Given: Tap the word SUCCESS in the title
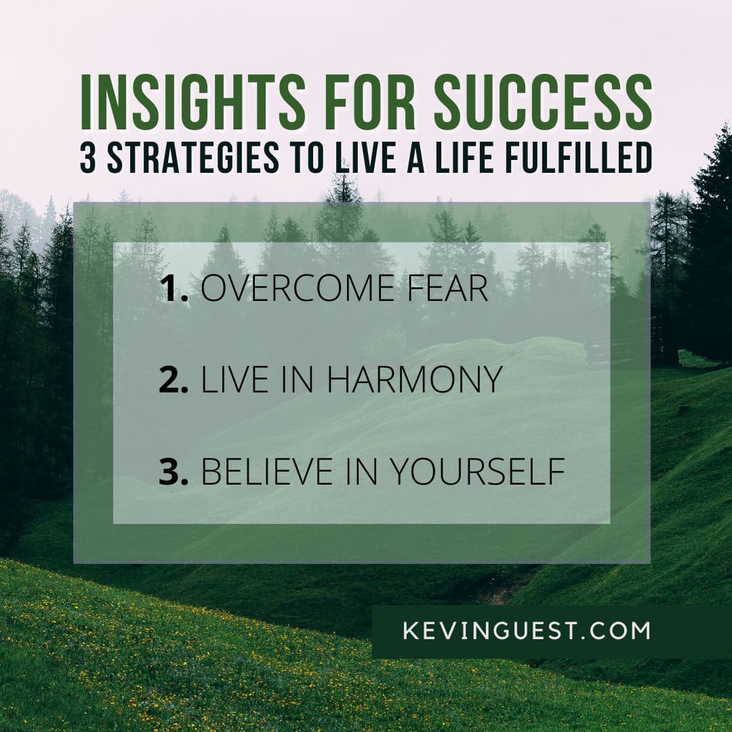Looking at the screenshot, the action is [543, 102].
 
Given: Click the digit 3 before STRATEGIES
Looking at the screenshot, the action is [87, 157].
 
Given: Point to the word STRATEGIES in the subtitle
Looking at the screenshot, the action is [192, 157].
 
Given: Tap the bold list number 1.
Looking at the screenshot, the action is [174, 288].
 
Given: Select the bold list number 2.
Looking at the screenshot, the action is [174, 379].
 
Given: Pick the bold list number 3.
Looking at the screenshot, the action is [174, 471].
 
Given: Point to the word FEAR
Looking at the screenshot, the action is [447, 288].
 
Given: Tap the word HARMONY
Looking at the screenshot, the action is [414, 379].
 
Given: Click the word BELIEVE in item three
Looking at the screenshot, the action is [266, 471].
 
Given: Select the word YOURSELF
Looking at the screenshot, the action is [477, 471].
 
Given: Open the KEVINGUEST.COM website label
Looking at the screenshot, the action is [526, 630].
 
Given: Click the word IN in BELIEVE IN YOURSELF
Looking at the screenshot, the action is [361, 471].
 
